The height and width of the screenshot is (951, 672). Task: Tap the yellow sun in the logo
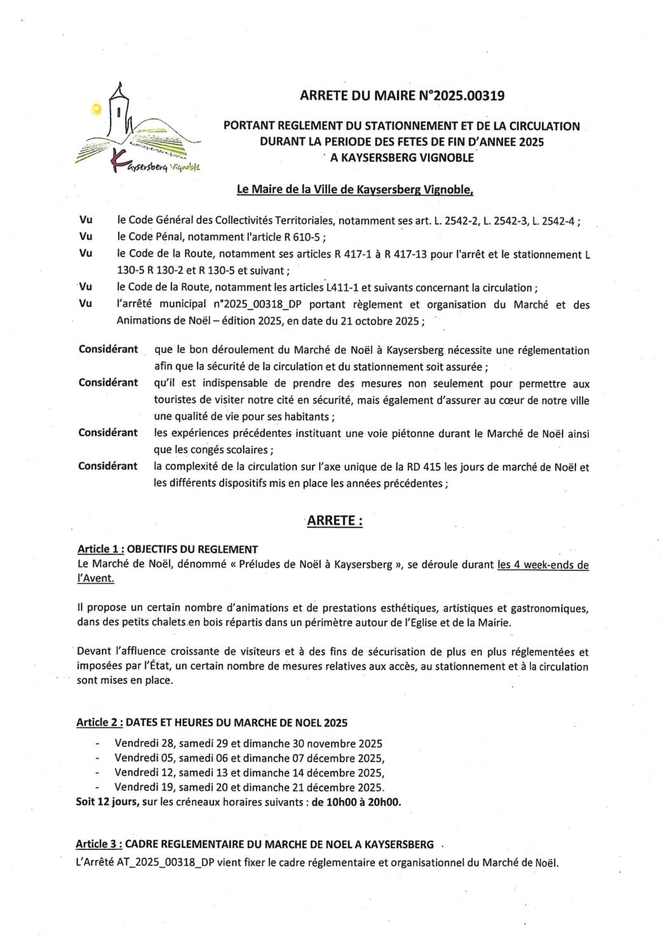[97, 109]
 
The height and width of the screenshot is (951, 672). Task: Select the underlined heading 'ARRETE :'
[335, 521]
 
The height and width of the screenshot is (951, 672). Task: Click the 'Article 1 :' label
[100, 549]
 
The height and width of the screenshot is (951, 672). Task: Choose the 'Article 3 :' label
[99, 844]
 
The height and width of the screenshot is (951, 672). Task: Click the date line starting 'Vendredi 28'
[248, 743]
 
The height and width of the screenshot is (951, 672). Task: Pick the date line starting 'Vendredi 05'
[249, 758]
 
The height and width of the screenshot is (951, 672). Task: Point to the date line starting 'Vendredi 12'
[249, 773]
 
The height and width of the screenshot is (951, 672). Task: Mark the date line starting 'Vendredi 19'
[249, 788]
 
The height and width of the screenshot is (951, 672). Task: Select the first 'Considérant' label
[108, 350]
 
